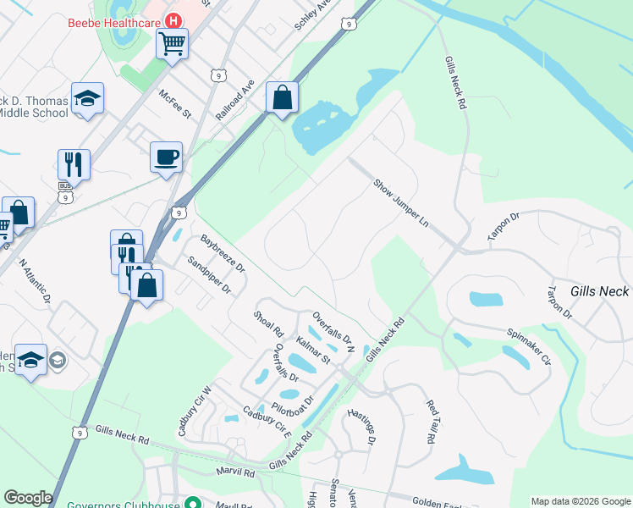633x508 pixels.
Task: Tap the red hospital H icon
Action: (173, 20)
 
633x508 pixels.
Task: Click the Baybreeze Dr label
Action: (222, 254)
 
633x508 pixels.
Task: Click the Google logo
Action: (28, 498)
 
